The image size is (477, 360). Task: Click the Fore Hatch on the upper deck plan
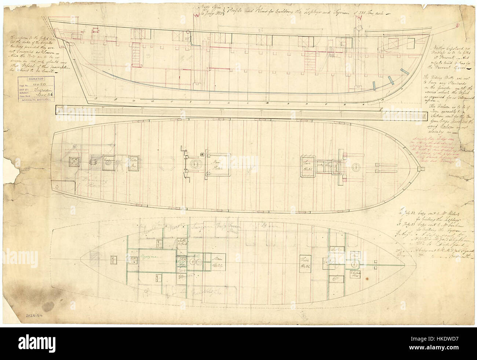click(x=306, y=164)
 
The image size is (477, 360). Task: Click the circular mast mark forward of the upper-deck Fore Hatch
click(x=358, y=166)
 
